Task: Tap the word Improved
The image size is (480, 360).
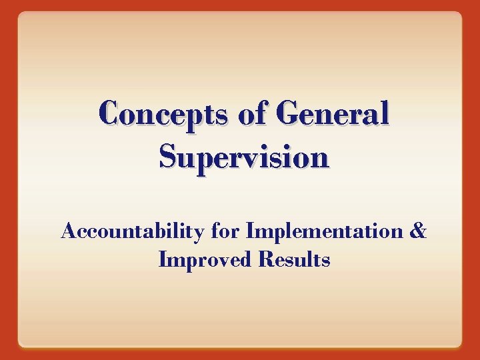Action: pos(205,260)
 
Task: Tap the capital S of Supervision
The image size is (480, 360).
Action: pos(169,157)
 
